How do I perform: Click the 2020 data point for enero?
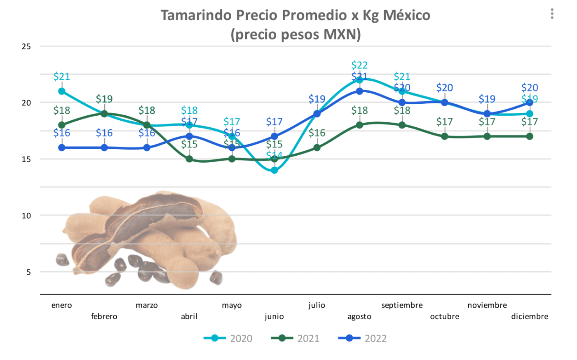62,91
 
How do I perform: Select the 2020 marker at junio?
274,170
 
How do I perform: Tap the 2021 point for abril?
189,159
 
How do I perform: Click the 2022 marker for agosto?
359,91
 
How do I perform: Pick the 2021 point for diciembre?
530,136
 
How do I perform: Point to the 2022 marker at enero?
62,147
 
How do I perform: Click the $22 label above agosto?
359,65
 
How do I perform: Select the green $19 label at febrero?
104,99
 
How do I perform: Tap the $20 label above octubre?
444,88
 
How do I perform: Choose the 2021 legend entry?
296,339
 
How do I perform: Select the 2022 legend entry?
363,339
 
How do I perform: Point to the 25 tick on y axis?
26,47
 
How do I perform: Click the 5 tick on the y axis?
28,272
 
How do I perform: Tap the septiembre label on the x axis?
402,305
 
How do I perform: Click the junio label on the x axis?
274,316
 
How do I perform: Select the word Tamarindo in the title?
196,15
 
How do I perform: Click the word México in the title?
406,15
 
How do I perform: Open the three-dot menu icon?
552,14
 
